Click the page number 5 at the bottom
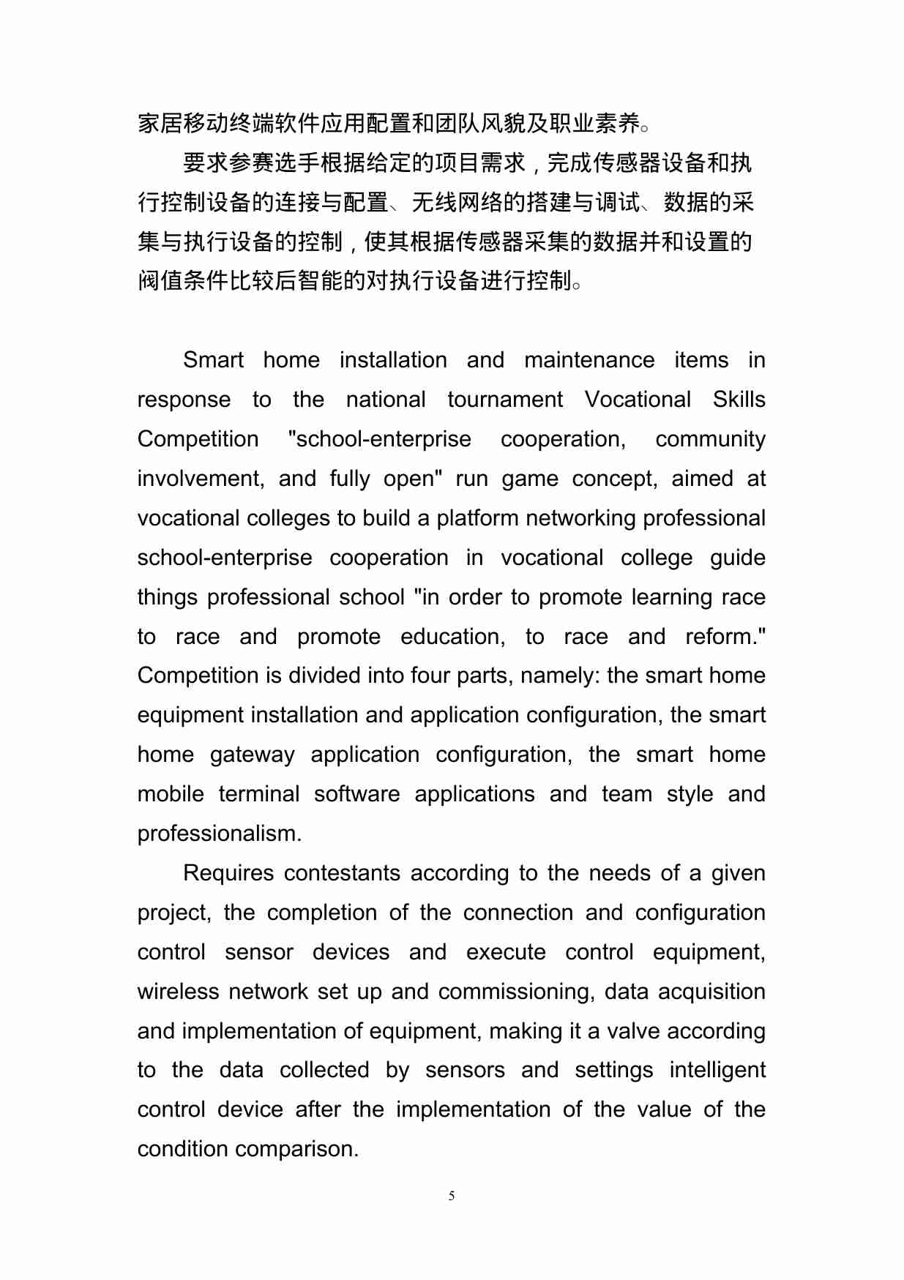point(452,1196)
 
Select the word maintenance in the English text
point(589,360)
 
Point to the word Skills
point(739,400)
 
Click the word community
point(710,439)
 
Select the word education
point(452,637)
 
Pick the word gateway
point(252,755)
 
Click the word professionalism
point(219,834)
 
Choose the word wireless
point(178,992)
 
